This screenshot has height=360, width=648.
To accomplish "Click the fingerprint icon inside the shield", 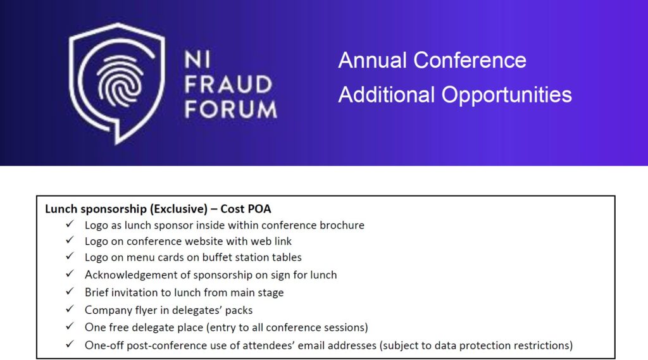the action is click(120, 81).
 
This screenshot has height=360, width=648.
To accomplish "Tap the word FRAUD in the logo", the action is click(228, 84).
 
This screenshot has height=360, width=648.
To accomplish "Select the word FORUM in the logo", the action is click(230, 109).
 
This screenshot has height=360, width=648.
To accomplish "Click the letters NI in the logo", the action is click(197, 59).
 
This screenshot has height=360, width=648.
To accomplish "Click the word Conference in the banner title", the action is click(470, 60).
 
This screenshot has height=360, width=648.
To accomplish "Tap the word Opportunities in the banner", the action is click(507, 96).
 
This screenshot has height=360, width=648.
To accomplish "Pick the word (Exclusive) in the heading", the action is click(178, 209).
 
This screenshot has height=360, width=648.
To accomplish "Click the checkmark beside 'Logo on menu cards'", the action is click(70, 256).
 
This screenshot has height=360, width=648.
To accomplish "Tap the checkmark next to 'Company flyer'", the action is click(70, 309).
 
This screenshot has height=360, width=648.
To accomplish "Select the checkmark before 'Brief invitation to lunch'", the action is click(70, 292).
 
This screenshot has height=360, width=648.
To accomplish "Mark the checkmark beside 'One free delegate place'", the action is click(70, 326).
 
